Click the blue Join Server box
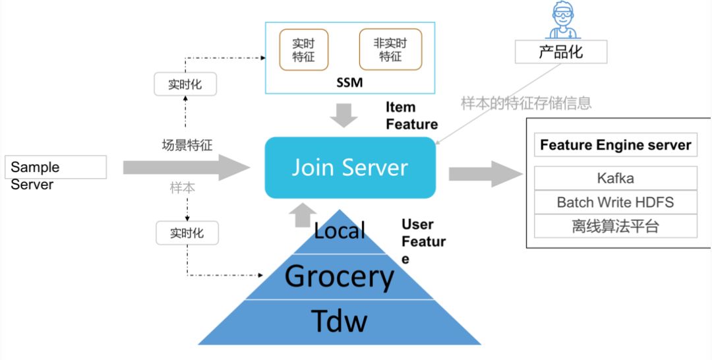pos(350,167)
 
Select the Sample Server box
pos(55,167)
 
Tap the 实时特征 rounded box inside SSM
pos(303,50)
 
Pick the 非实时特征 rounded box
pos(390,49)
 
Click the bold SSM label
pos(349,82)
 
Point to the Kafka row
pos(615,178)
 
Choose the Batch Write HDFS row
pos(615,202)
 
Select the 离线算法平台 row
pos(615,226)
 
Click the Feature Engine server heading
pos(615,145)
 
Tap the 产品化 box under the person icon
pos(561,51)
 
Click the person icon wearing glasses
pos(562,20)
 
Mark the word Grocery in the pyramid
pos(340,276)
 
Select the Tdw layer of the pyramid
pos(340,322)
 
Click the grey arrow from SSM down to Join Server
pos(343,115)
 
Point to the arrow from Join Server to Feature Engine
pos(485,174)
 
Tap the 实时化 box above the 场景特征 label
pos(185,84)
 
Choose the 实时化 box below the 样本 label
pos(187,233)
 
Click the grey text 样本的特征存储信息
pos(526,103)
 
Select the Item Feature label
pos(412,116)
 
